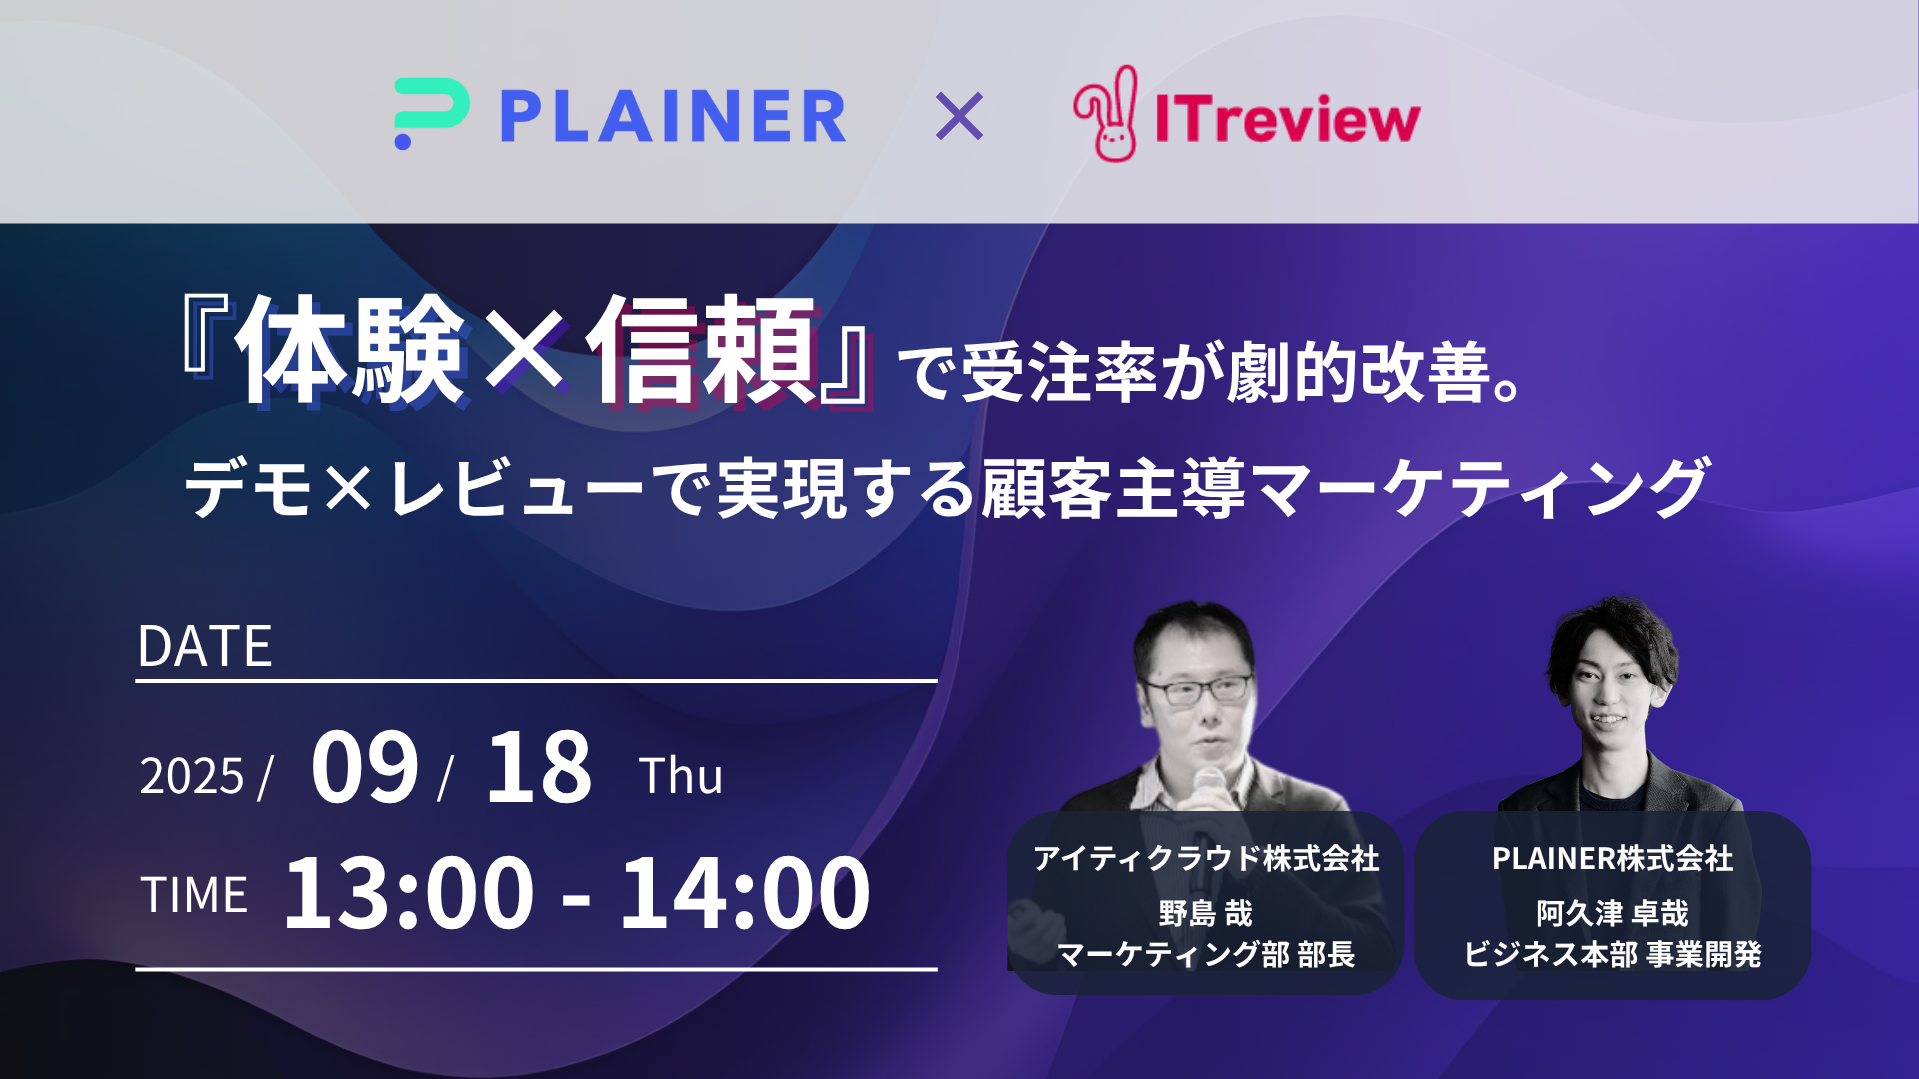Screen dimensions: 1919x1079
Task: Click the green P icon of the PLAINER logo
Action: pyautogui.click(x=431, y=113)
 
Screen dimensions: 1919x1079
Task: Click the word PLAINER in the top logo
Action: pyautogui.click(x=673, y=116)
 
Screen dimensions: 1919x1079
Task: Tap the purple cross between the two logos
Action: pyautogui.click(x=959, y=116)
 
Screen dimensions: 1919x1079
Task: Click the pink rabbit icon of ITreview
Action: pyautogui.click(x=1106, y=113)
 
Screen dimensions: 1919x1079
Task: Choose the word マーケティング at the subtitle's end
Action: pyautogui.click(x=1480, y=488)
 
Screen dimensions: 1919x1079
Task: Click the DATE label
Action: pyautogui.click(x=205, y=646)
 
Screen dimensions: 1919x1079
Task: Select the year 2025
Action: pyautogui.click(x=192, y=776)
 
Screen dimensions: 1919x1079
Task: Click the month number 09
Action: pyautogui.click(x=365, y=766)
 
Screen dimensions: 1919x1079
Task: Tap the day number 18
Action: pyautogui.click(x=539, y=766)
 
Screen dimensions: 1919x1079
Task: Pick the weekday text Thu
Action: pyautogui.click(x=681, y=776)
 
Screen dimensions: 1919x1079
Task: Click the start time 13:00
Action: pyautogui.click(x=409, y=892)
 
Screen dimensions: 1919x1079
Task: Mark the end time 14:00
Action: pyautogui.click(x=745, y=892)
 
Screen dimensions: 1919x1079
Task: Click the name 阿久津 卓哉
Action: pyautogui.click(x=1612, y=913)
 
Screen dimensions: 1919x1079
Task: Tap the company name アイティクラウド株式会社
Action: pyautogui.click(x=1206, y=858)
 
